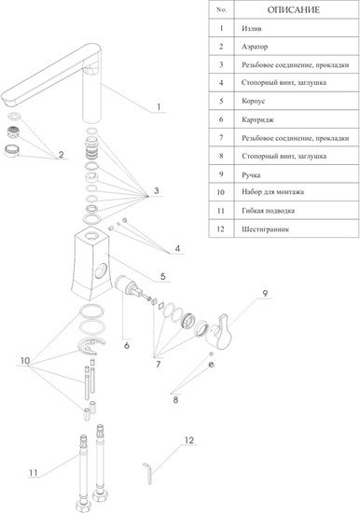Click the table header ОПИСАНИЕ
click(x=293, y=10)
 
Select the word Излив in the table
click(x=252, y=29)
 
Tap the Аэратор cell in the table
click(x=255, y=47)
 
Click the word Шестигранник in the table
click(x=266, y=229)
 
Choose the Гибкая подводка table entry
click(x=268, y=211)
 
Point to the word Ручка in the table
click(x=251, y=175)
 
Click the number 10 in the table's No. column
click(x=221, y=192)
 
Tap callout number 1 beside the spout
click(x=159, y=107)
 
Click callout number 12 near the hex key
click(x=189, y=440)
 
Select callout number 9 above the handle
click(x=265, y=293)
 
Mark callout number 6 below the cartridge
click(x=127, y=345)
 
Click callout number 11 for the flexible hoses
click(x=33, y=473)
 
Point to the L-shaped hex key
click(x=147, y=473)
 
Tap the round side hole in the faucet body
click(x=101, y=270)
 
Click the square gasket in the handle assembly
click(x=160, y=305)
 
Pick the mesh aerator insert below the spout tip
click(x=13, y=132)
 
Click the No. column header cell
click(x=222, y=10)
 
